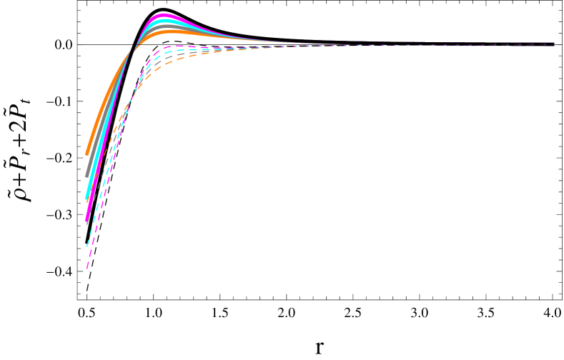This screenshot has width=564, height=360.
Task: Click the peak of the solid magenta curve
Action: coord(164,16)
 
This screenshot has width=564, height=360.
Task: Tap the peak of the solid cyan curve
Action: coord(165,21)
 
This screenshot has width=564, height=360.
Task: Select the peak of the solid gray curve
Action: coord(167,26)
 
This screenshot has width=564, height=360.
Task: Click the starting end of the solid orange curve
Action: coord(86,154)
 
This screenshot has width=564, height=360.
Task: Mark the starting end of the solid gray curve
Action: coord(86,176)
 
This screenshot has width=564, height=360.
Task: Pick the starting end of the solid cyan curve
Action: coord(86,199)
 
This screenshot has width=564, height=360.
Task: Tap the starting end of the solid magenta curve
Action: coord(86,221)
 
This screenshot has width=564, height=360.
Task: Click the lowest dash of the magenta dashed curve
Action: coord(87,267)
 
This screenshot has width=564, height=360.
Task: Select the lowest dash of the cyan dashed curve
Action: coord(88,244)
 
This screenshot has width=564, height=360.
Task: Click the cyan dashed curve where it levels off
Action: coord(175,51)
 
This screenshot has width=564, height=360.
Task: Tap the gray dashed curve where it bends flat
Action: coord(179,55)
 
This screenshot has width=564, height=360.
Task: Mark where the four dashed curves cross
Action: coord(127,107)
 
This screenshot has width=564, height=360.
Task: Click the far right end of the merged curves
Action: coord(553,44)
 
